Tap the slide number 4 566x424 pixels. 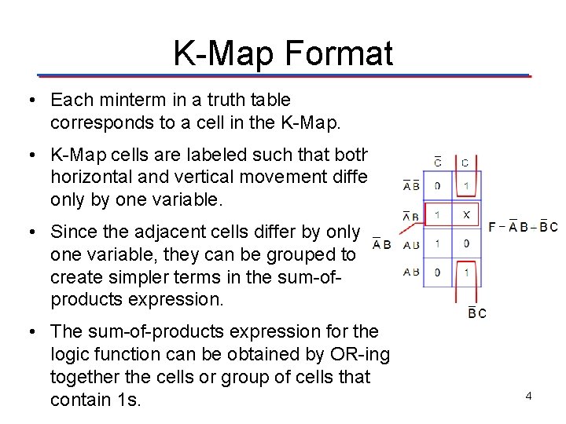pos(529,396)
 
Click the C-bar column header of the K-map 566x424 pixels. pos(438,162)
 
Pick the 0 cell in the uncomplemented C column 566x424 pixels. pos(466,244)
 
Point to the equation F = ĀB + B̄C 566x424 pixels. pos(523,228)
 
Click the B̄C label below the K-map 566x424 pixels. pos(477,313)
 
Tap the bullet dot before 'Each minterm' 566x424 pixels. pos(29,101)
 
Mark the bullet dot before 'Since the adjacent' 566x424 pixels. pos(29,232)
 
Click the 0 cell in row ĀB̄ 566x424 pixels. pos(438,186)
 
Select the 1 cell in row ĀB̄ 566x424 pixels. pos(466,186)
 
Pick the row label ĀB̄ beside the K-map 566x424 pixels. pos(411,186)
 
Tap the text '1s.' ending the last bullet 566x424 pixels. pos(128,400)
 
